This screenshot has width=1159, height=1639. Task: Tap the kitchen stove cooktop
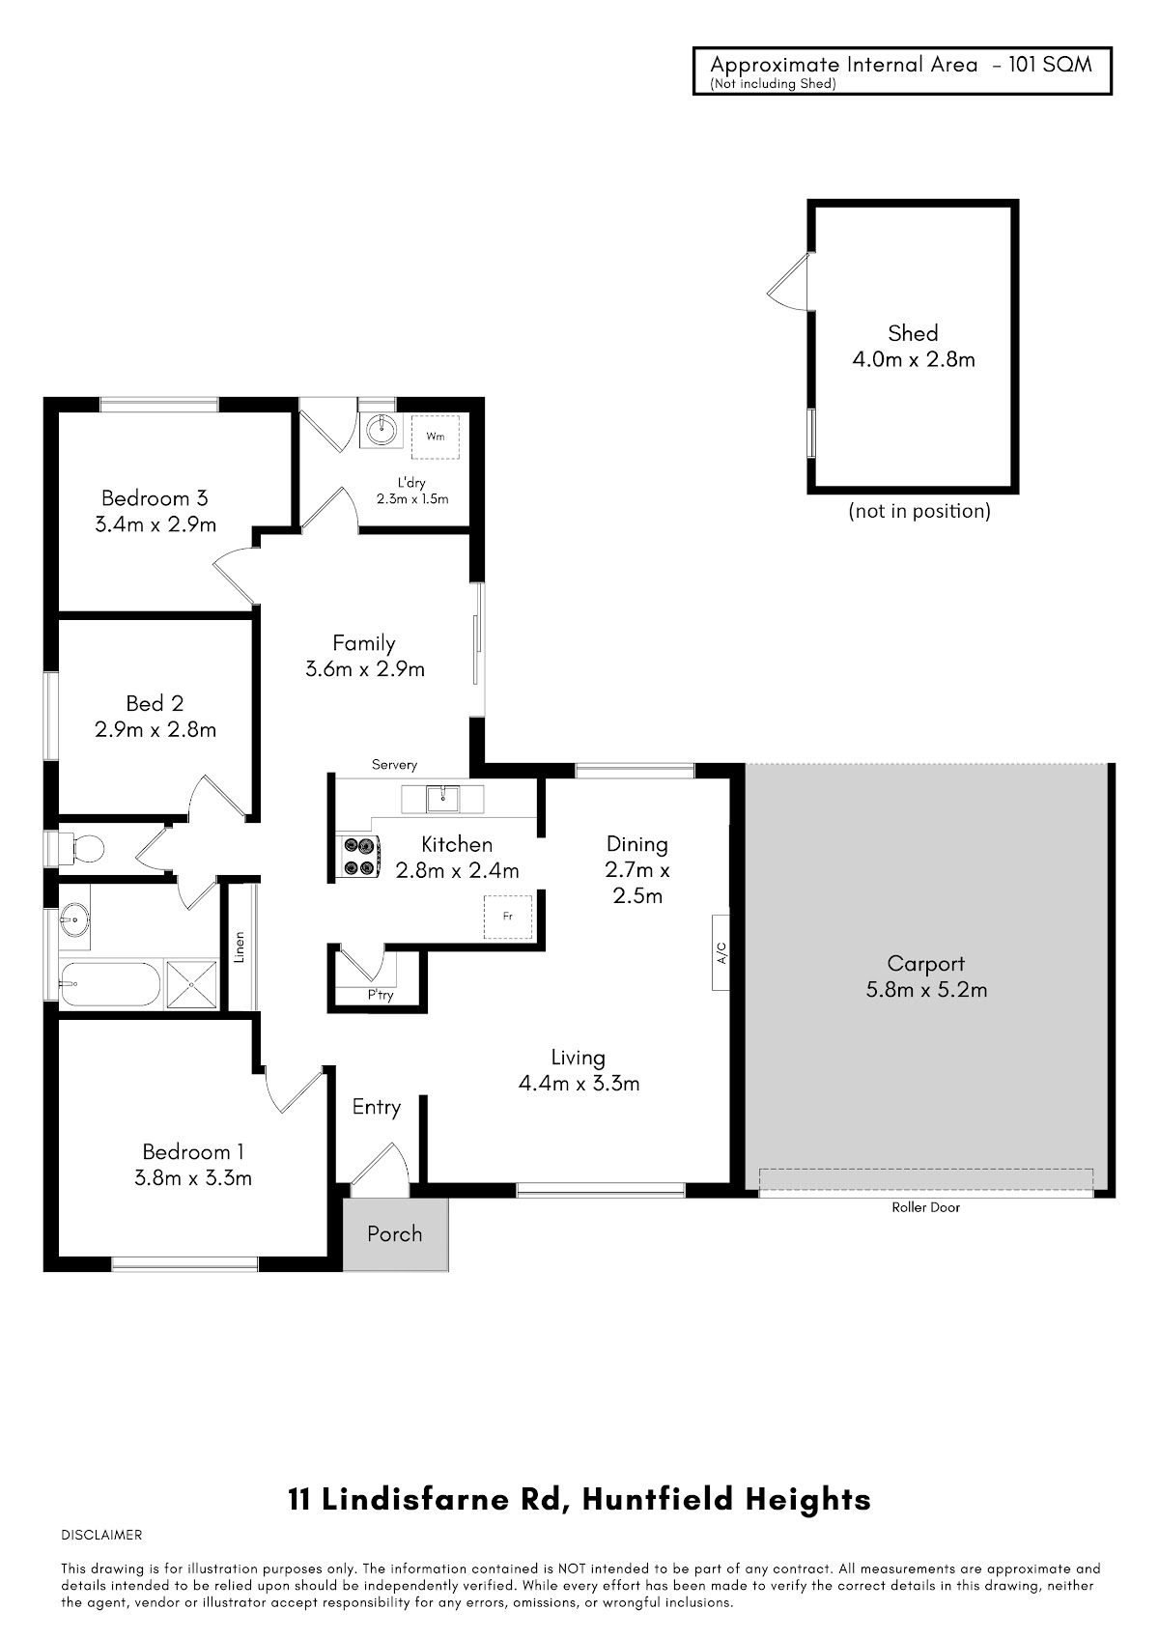(358, 856)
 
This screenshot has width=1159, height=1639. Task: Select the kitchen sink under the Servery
(442, 799)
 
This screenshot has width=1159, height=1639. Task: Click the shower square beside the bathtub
(191, 984)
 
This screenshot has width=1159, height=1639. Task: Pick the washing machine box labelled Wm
(436, 437)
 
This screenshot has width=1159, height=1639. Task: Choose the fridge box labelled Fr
(508, 917)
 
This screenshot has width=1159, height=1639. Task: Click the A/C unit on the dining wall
(721, 952)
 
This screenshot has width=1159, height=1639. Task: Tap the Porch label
(394, 1233)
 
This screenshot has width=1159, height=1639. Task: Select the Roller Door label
(925, 1207)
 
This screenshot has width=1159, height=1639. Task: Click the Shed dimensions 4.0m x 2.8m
(913, 359)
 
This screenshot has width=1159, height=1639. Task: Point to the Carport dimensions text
(926, 989)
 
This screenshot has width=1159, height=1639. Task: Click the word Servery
(394, 765)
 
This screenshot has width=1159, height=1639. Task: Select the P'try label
(381, 995)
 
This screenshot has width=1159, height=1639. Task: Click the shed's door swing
(788, 282)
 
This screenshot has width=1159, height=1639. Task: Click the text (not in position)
(919, 511)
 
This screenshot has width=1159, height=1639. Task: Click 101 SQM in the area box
(1050, 65)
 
